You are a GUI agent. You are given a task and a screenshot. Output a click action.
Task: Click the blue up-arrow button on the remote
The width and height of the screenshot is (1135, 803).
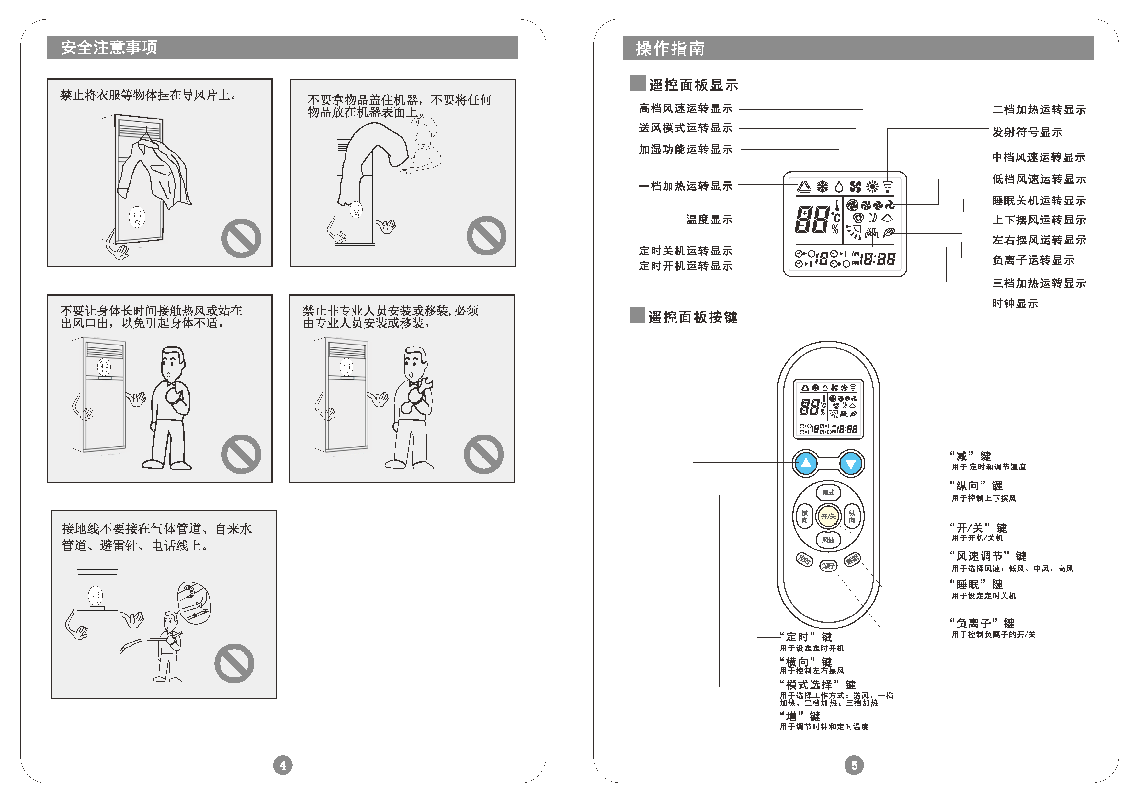[806, 463]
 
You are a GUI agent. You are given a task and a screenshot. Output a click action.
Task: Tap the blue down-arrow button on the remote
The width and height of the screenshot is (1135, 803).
[851, 463]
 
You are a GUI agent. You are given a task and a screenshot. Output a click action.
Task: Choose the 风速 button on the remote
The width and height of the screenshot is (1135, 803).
[828, 540]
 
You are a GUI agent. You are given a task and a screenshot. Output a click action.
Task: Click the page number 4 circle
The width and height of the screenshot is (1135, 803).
[283, 765]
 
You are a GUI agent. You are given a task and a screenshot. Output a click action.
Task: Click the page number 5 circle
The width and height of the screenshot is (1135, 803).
[854, 765]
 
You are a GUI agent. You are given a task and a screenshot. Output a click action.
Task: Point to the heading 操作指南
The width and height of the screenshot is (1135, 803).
[670, 49]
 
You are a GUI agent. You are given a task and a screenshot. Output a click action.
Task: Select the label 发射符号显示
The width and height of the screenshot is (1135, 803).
[1027, 132]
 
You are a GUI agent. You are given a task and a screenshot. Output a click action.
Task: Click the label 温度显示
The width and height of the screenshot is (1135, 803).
[709, 220]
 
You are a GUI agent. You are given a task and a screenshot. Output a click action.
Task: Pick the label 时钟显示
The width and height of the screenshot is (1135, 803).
[1015, 304]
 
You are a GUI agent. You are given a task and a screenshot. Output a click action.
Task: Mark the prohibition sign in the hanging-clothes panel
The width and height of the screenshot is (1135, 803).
[241, 238]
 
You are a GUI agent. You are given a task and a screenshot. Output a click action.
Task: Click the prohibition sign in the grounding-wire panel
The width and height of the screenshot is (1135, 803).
[234, 663]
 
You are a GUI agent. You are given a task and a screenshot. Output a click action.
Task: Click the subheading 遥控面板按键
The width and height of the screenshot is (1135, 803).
[692, 317]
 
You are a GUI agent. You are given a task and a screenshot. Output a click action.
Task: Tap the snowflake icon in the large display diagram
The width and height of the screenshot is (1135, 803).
[822, 187]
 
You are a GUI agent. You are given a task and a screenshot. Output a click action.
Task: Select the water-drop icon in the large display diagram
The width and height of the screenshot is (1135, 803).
[839, 187]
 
